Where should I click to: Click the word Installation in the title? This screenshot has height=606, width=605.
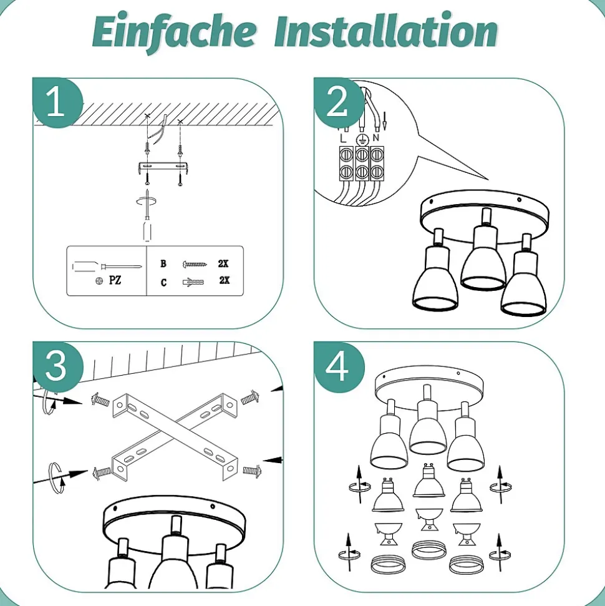(386, 30)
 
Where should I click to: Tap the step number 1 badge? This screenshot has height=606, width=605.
(57, 102)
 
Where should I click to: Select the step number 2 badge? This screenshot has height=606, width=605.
(339, 102)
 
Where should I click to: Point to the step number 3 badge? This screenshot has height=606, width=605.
(57, 366)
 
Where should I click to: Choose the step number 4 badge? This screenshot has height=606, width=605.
(339, 366)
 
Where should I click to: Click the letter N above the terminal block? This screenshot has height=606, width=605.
(376, 137)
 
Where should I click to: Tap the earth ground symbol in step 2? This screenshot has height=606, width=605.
(362, 139)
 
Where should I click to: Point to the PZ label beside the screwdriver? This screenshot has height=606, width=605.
(115, 280)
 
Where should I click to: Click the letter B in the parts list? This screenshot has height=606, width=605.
(163, 263)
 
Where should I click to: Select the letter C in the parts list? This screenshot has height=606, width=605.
(163, 283)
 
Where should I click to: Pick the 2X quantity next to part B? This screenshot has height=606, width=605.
(223, 263)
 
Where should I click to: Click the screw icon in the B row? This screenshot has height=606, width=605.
(195, 265)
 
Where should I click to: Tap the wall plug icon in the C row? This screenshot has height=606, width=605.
(193, 282)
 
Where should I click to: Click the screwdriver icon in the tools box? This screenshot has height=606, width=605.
(107, 266)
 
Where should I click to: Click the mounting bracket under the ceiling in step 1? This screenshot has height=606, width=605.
(163, 167)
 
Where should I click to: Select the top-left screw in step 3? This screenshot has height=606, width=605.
(100, 399)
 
